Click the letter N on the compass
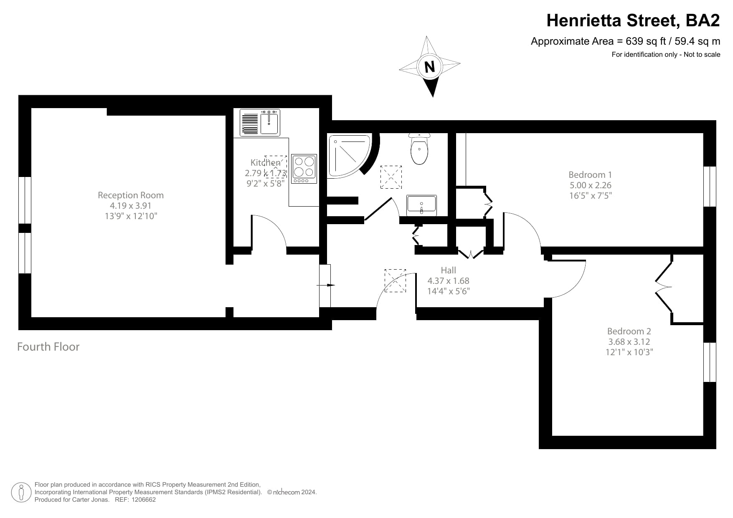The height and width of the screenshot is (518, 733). point(429,67)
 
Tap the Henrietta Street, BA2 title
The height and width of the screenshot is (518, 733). point(633,20)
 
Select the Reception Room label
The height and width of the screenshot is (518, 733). point(131,195)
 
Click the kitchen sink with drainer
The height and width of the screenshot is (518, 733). point(260,123)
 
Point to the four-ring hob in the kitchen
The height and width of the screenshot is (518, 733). point(304,169)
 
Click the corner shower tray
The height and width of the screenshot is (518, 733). point(347,154)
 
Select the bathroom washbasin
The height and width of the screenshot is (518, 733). point(421,205)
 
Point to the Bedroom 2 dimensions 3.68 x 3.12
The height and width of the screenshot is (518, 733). point(629,342)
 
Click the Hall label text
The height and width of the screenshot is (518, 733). point(448,270)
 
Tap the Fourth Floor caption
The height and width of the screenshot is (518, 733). point(48,347)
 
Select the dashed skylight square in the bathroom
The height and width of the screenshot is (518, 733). point(391,177)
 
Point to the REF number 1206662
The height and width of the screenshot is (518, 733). point(144,500)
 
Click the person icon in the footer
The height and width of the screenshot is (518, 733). point(21,492)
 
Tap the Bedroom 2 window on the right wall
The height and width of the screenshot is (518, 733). point(710,362)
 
